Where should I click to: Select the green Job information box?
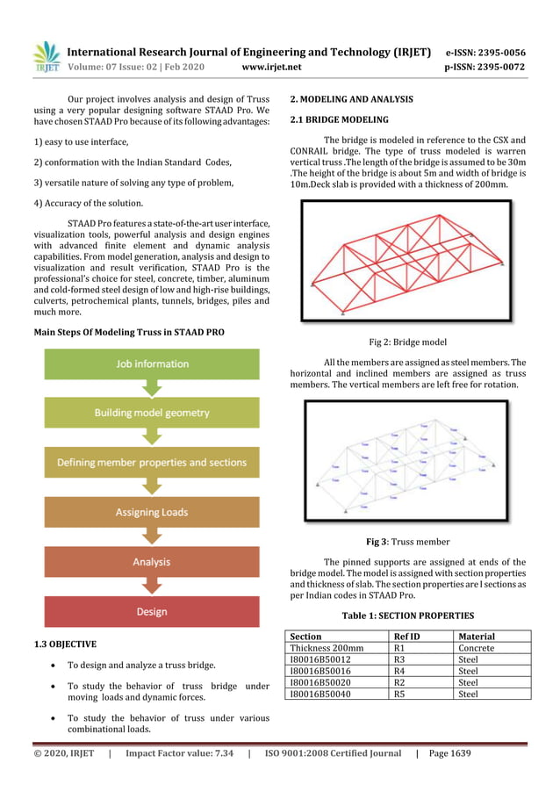[152, 364]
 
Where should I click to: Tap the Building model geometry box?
[152, 413]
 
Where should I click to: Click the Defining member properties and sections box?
[152, 462]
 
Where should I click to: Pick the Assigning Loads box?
[152, 512]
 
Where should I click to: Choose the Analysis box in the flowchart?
[152, 562]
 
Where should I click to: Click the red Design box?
[152, 612]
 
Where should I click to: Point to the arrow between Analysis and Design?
[152, 587]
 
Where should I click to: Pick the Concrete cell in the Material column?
[477, 648]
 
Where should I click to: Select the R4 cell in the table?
[398, 671]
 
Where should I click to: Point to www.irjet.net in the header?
[271, 67]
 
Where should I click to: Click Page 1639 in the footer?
[449, 753]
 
